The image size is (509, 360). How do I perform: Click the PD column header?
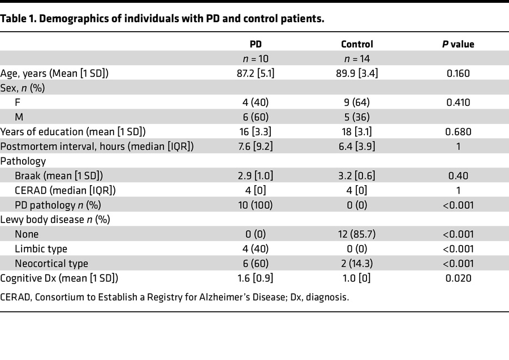[256, 44]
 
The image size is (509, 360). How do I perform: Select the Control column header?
[357, 44]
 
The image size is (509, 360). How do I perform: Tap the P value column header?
[458, 44]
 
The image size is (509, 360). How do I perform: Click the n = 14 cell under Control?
[357, 58]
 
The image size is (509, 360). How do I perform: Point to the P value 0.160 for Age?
[458, 73]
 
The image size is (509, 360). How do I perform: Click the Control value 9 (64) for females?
[357, 102]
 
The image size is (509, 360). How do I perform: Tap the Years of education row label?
[73, 132]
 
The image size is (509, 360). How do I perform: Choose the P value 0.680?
[458, 132]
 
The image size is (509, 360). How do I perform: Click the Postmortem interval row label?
[97, 147]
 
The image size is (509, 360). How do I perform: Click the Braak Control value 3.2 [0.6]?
[357, 175]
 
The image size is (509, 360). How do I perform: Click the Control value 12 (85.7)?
[357, 234]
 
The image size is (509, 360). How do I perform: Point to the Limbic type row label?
[41, 249]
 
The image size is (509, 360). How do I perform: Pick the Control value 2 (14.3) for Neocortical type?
[357, 264]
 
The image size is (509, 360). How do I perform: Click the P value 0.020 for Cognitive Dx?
[458, 278]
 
